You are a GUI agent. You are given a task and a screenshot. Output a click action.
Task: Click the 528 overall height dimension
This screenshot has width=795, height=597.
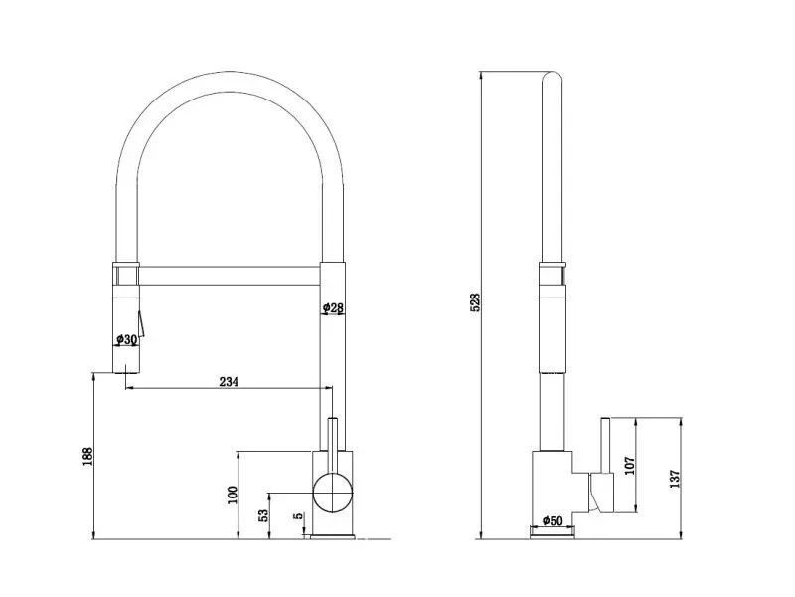pyautogui.click(x=476, y=302)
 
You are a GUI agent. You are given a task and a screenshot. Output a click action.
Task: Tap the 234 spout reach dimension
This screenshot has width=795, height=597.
pyautogui.click(x=229, y=382)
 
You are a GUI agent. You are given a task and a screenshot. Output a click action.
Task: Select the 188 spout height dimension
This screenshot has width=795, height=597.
pyautogui.click(x=88, y=457)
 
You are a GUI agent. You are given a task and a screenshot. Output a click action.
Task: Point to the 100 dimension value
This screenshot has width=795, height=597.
pyautogui.click(x=233, y=495)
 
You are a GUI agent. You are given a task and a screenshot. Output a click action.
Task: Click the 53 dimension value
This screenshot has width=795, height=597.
pyautogui.click(x=263, y=515)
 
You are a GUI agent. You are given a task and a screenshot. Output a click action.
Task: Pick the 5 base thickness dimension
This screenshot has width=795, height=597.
pyautogui.click(x=299, y=515)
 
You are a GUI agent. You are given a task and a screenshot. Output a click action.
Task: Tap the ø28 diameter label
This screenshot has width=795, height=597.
pyautogui.click(x=333, y=307)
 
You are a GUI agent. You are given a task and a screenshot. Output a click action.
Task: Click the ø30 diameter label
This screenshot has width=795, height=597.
pyautogui.click(x=126, y=339)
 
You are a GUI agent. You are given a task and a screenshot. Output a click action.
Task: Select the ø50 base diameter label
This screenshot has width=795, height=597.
pyautogui.click(x=553, y=520)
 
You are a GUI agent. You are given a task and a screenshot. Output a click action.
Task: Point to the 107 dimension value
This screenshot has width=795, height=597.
pyautogui.click(x=630, y=465)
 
